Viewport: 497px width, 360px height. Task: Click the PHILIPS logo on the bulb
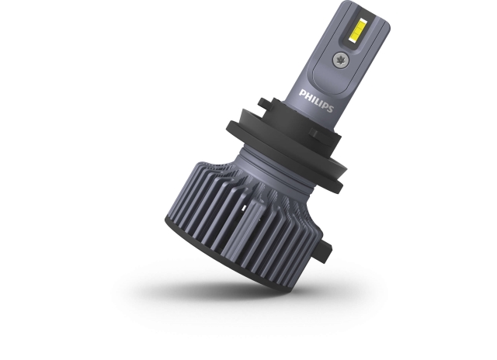316,101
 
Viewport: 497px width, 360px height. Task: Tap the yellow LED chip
356,30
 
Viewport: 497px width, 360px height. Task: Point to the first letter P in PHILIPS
303,94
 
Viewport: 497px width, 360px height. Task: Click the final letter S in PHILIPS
330,109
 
